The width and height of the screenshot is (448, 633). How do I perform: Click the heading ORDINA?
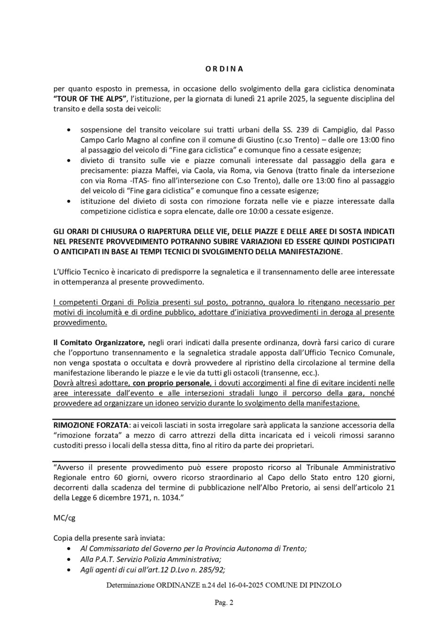click(x=224, y=68)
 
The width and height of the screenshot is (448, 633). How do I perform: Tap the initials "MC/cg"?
click(x=64, y=518)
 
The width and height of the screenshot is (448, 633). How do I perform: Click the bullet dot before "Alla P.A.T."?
click(x=70, y=559)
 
